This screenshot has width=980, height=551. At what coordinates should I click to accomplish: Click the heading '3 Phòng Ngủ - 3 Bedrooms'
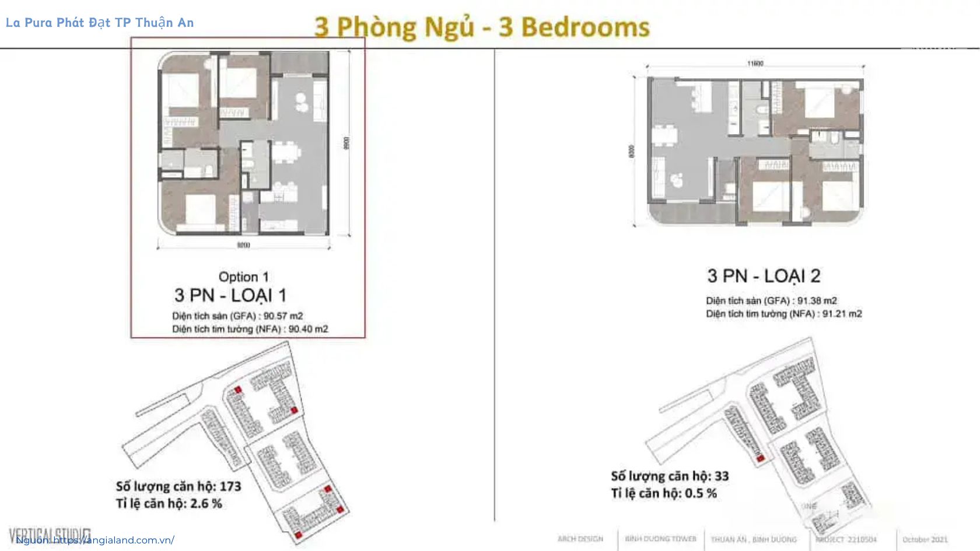click(x=482, y=27)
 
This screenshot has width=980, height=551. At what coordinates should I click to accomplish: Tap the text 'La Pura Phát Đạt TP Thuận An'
click(x=100, y=23)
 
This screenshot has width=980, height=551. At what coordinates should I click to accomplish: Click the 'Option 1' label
click(x=243, y=277)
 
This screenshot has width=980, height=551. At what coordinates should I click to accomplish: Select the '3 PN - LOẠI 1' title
click(x=230, y=296)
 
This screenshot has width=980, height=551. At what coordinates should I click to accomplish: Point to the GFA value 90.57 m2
click(x=283, y=316)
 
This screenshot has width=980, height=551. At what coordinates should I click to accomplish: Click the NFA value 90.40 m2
click(x=308, y=329)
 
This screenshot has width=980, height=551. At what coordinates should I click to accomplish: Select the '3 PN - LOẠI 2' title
click(x=764, y=276)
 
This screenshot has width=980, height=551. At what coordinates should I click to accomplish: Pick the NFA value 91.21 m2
click(x=842, y=314)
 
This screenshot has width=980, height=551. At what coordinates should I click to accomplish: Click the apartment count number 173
click(x=230, y=486)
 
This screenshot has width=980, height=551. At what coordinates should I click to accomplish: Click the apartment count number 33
click(x=721, y=476)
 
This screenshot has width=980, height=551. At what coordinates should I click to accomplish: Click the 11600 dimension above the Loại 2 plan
click(x=755, y=63)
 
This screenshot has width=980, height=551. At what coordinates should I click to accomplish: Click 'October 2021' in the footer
click(x=925, y=539)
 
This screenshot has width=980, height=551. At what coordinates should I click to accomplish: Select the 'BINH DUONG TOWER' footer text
click(x=660, y=539)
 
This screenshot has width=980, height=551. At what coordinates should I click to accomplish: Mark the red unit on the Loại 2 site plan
click(x=760, y=459)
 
